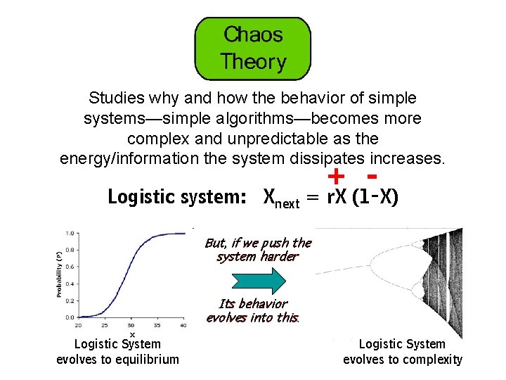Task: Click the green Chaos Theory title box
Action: (253, 48)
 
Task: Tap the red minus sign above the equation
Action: (372, 172)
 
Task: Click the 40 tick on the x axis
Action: (183, 325)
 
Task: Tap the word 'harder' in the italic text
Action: (278, 256)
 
